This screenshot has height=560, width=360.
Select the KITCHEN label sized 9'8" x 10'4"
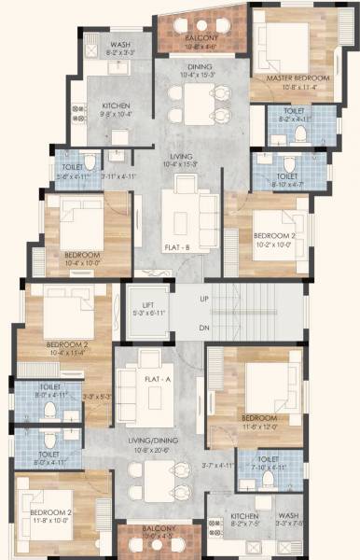pos(116,105)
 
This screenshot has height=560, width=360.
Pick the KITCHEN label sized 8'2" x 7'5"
pos(244,515)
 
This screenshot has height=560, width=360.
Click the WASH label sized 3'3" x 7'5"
pos(290,515)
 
